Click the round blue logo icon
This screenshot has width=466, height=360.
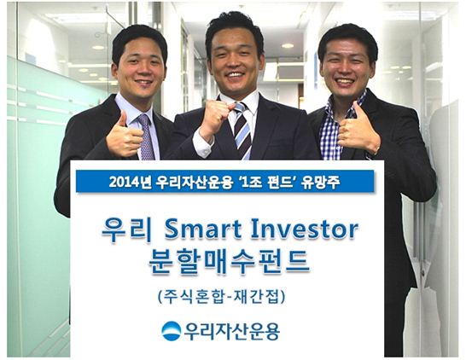(x=172, y=330)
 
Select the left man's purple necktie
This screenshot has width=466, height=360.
(x=147, y=136)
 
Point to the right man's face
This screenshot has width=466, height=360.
(x=345, y=68)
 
